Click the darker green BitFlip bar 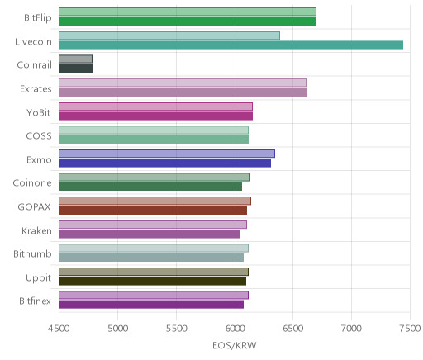[x=188, y=21]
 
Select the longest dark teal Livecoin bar [x=231, y=45]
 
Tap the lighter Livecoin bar [x=169, y=36]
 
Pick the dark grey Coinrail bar [x=75, y=69]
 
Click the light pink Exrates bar [x=183, y=83]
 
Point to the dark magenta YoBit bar [x=155, y=116]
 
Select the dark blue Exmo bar [x=164, y=163]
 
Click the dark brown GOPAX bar [x=153, y=211]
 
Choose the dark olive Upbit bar [x=152, y=281]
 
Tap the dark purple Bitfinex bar [x=151, y=305]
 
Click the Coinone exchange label [x=32, y=183]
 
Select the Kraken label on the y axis [x=36, y=230]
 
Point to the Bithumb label [x=32, y=253]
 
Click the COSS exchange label [x=39, y=136]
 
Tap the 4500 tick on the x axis [x=59, y=329]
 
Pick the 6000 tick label [x=235, y=329]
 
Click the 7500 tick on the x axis [x=410, y=329]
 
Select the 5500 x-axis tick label [x=177, y=329]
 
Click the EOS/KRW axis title [x=235, y=345]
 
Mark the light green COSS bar [x=154, y=130]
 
